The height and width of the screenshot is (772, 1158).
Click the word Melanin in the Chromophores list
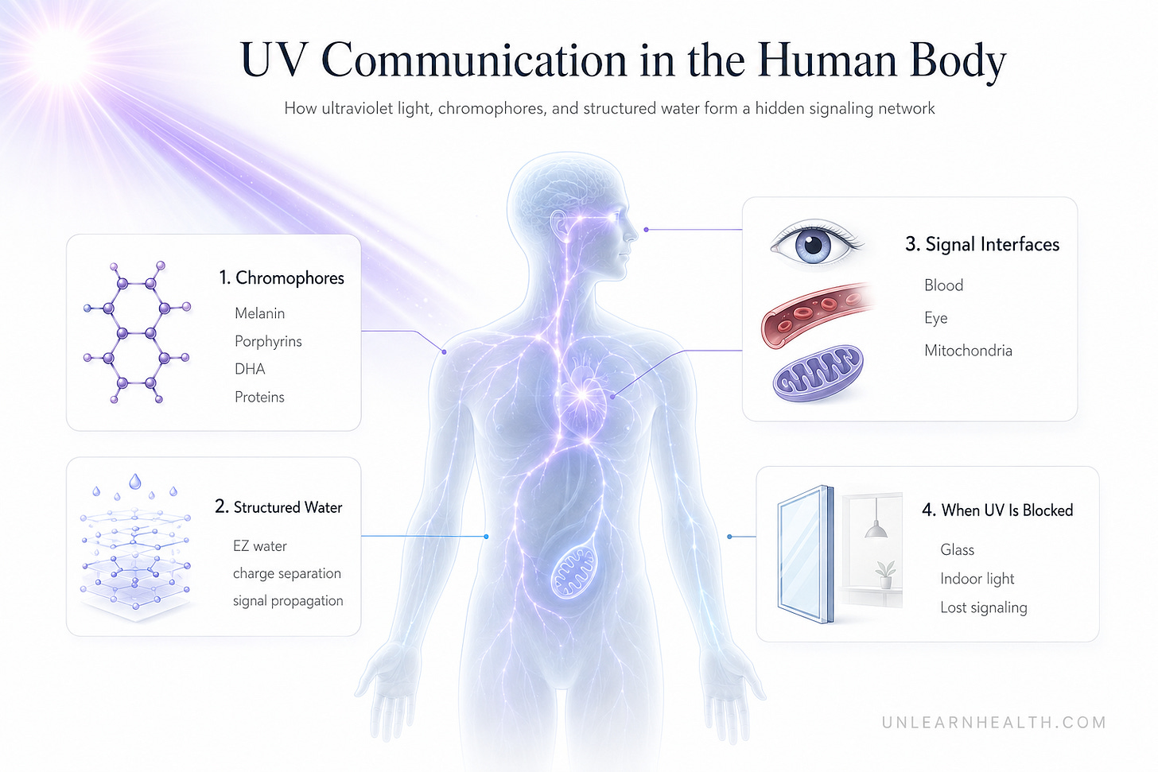259,313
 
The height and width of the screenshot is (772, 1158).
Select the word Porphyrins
268,342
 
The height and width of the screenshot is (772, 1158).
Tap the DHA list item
250,369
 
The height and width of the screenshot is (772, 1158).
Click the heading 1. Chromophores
282,278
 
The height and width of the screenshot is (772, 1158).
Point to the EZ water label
259,546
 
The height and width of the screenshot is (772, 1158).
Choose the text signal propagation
288,601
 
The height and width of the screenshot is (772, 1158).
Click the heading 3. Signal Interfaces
981,244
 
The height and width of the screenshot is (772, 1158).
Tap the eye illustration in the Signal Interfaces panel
814,243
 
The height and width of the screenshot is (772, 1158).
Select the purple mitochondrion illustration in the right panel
818,373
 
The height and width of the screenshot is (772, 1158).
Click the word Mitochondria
968,351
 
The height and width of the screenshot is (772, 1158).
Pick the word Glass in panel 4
957,549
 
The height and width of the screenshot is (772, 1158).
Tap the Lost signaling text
983,607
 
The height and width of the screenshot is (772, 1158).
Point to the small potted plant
885,575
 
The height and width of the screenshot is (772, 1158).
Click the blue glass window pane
806,554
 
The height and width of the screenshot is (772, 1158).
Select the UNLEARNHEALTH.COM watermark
993,723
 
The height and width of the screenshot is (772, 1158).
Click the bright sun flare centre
62,56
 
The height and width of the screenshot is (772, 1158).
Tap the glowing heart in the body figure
583,395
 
